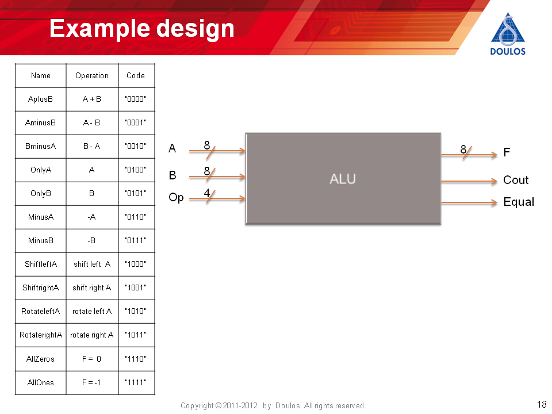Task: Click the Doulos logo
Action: [x=508, y=34]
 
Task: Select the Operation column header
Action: [x=92, y=76]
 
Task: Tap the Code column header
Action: [x=136, y=76]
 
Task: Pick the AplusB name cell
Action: [x=40, y=99]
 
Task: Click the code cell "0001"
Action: [x=136, y=123]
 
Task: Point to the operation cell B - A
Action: [x=91, y=146]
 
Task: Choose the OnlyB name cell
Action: [x=40, y=194]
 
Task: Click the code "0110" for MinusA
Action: [x=136, y=217]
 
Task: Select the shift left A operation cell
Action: [x=92, y=264]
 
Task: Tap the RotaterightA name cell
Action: [x=41, y=335]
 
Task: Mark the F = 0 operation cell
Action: [x=91, y=359]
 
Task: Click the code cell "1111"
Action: [x=136, y=382]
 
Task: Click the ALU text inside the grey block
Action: [x=343, y=179]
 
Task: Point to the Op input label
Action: [x=176, y=197]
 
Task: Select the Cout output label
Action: [x=516, y=180]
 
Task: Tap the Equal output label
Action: [x=519, y=202]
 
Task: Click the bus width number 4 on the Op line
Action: [x=207, y=193]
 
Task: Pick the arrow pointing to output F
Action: [x=469, y=154]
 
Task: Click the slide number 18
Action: [x=542, y=404]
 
